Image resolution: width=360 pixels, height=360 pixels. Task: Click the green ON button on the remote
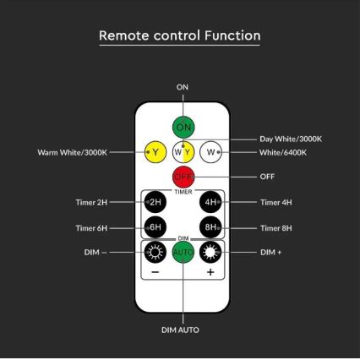point(183,127)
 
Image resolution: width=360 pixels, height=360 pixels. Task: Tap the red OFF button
point(183,177)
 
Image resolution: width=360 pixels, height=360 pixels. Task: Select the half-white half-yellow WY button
point(183,152)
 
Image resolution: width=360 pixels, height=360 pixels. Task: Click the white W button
point(210,152)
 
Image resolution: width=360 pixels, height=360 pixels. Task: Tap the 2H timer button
point(155,202)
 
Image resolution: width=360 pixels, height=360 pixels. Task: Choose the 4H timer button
point(210,202)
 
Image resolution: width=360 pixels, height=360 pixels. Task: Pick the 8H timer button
point(210,227)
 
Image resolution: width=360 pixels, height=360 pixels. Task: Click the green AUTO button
point(183,252)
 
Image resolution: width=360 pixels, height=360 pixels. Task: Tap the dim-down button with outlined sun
point(155,252)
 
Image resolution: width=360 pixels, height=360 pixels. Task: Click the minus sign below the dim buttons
point(155,272)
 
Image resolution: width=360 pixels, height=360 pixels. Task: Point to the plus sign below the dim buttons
point(210,272)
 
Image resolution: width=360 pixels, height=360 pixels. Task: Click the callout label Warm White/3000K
point(73,152)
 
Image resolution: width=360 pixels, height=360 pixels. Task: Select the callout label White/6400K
point(283,152)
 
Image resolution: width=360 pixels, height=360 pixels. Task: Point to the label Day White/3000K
point(291,139)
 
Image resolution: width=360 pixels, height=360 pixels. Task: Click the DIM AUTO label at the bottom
point(180,330)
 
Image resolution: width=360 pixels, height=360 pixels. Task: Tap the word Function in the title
point(232,35)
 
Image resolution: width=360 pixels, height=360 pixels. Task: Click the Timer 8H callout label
point(276,228)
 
